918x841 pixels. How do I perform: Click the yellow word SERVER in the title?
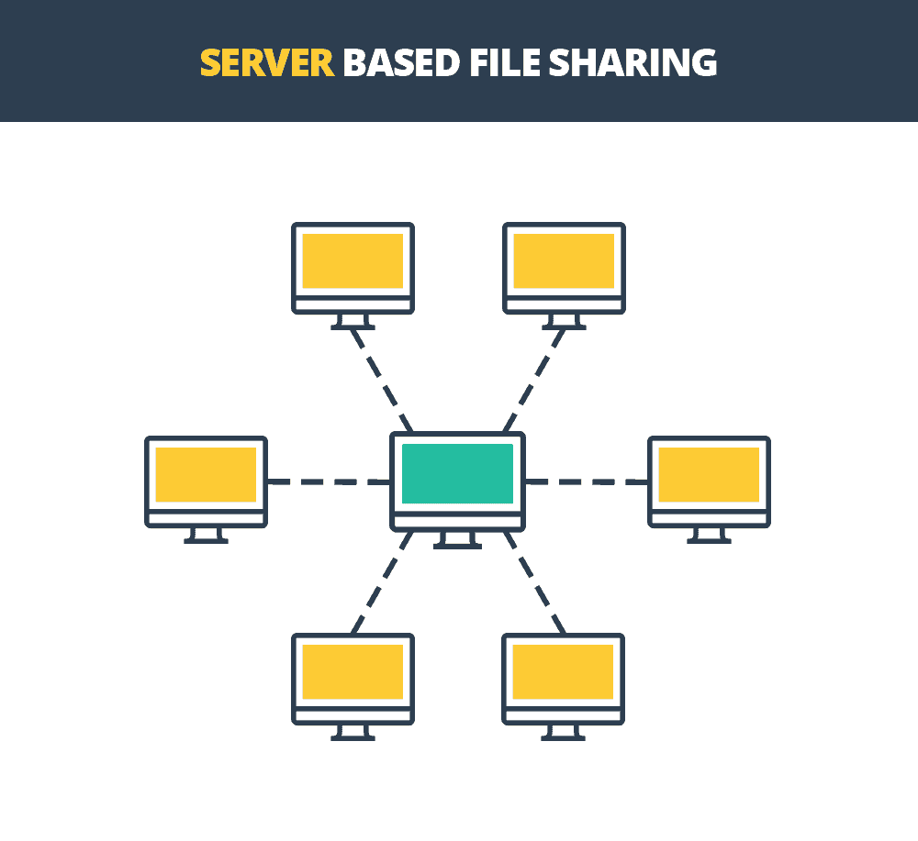click(x=267, y=63)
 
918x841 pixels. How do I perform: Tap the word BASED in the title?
click(x=401, y=63)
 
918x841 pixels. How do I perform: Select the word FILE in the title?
click(x=504, y=63)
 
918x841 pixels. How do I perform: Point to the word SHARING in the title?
click(x=633, y=63)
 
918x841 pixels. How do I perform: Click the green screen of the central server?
click(x=457, y=474)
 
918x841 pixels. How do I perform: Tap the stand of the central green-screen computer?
click(x=457, y=540)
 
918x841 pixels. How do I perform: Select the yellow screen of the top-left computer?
click(x=353, y=260)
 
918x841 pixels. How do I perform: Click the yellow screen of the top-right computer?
click(x=564, y=260)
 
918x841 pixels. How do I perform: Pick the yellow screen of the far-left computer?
click(x=206, y=474)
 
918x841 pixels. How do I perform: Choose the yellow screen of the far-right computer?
click(x=709, y=474)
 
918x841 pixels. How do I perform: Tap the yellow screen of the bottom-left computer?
click(x=353, y=671)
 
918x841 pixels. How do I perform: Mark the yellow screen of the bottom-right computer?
click(x=564, y=671)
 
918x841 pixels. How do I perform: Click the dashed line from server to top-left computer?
click(x=382, y=380)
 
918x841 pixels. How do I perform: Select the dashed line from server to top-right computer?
click(x=534, y=380)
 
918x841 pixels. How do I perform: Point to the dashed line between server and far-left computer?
click(x=329, y=481)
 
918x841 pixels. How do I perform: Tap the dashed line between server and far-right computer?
click(x=587, y=481)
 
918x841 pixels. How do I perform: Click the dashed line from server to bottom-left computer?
click(x=382, y=582)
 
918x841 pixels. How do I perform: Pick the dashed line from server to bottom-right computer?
click(x=534, y=582)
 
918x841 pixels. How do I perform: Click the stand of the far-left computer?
click(x=206, y=535)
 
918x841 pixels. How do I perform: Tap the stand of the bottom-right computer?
click(x=564, y=732)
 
